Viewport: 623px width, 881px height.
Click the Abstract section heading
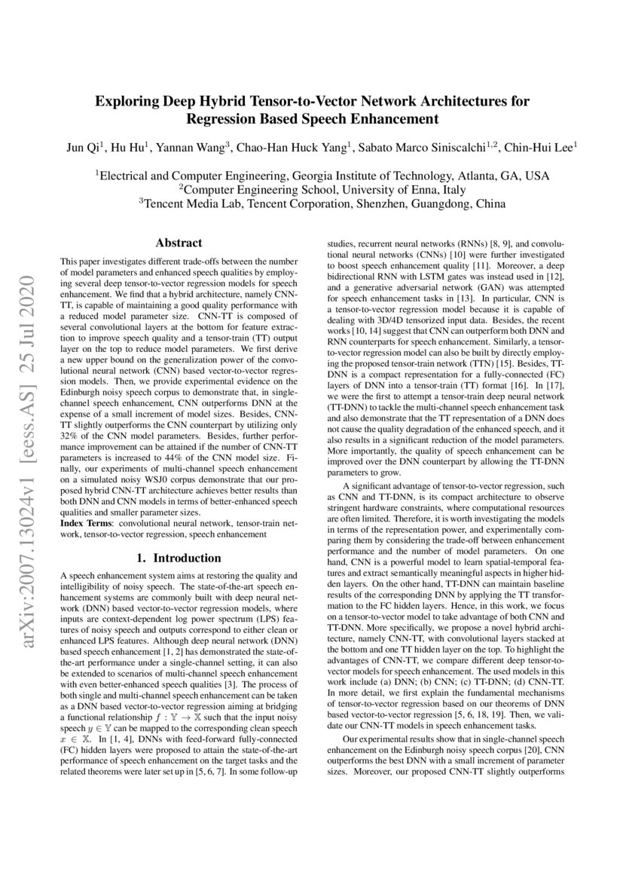pos(179,243)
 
